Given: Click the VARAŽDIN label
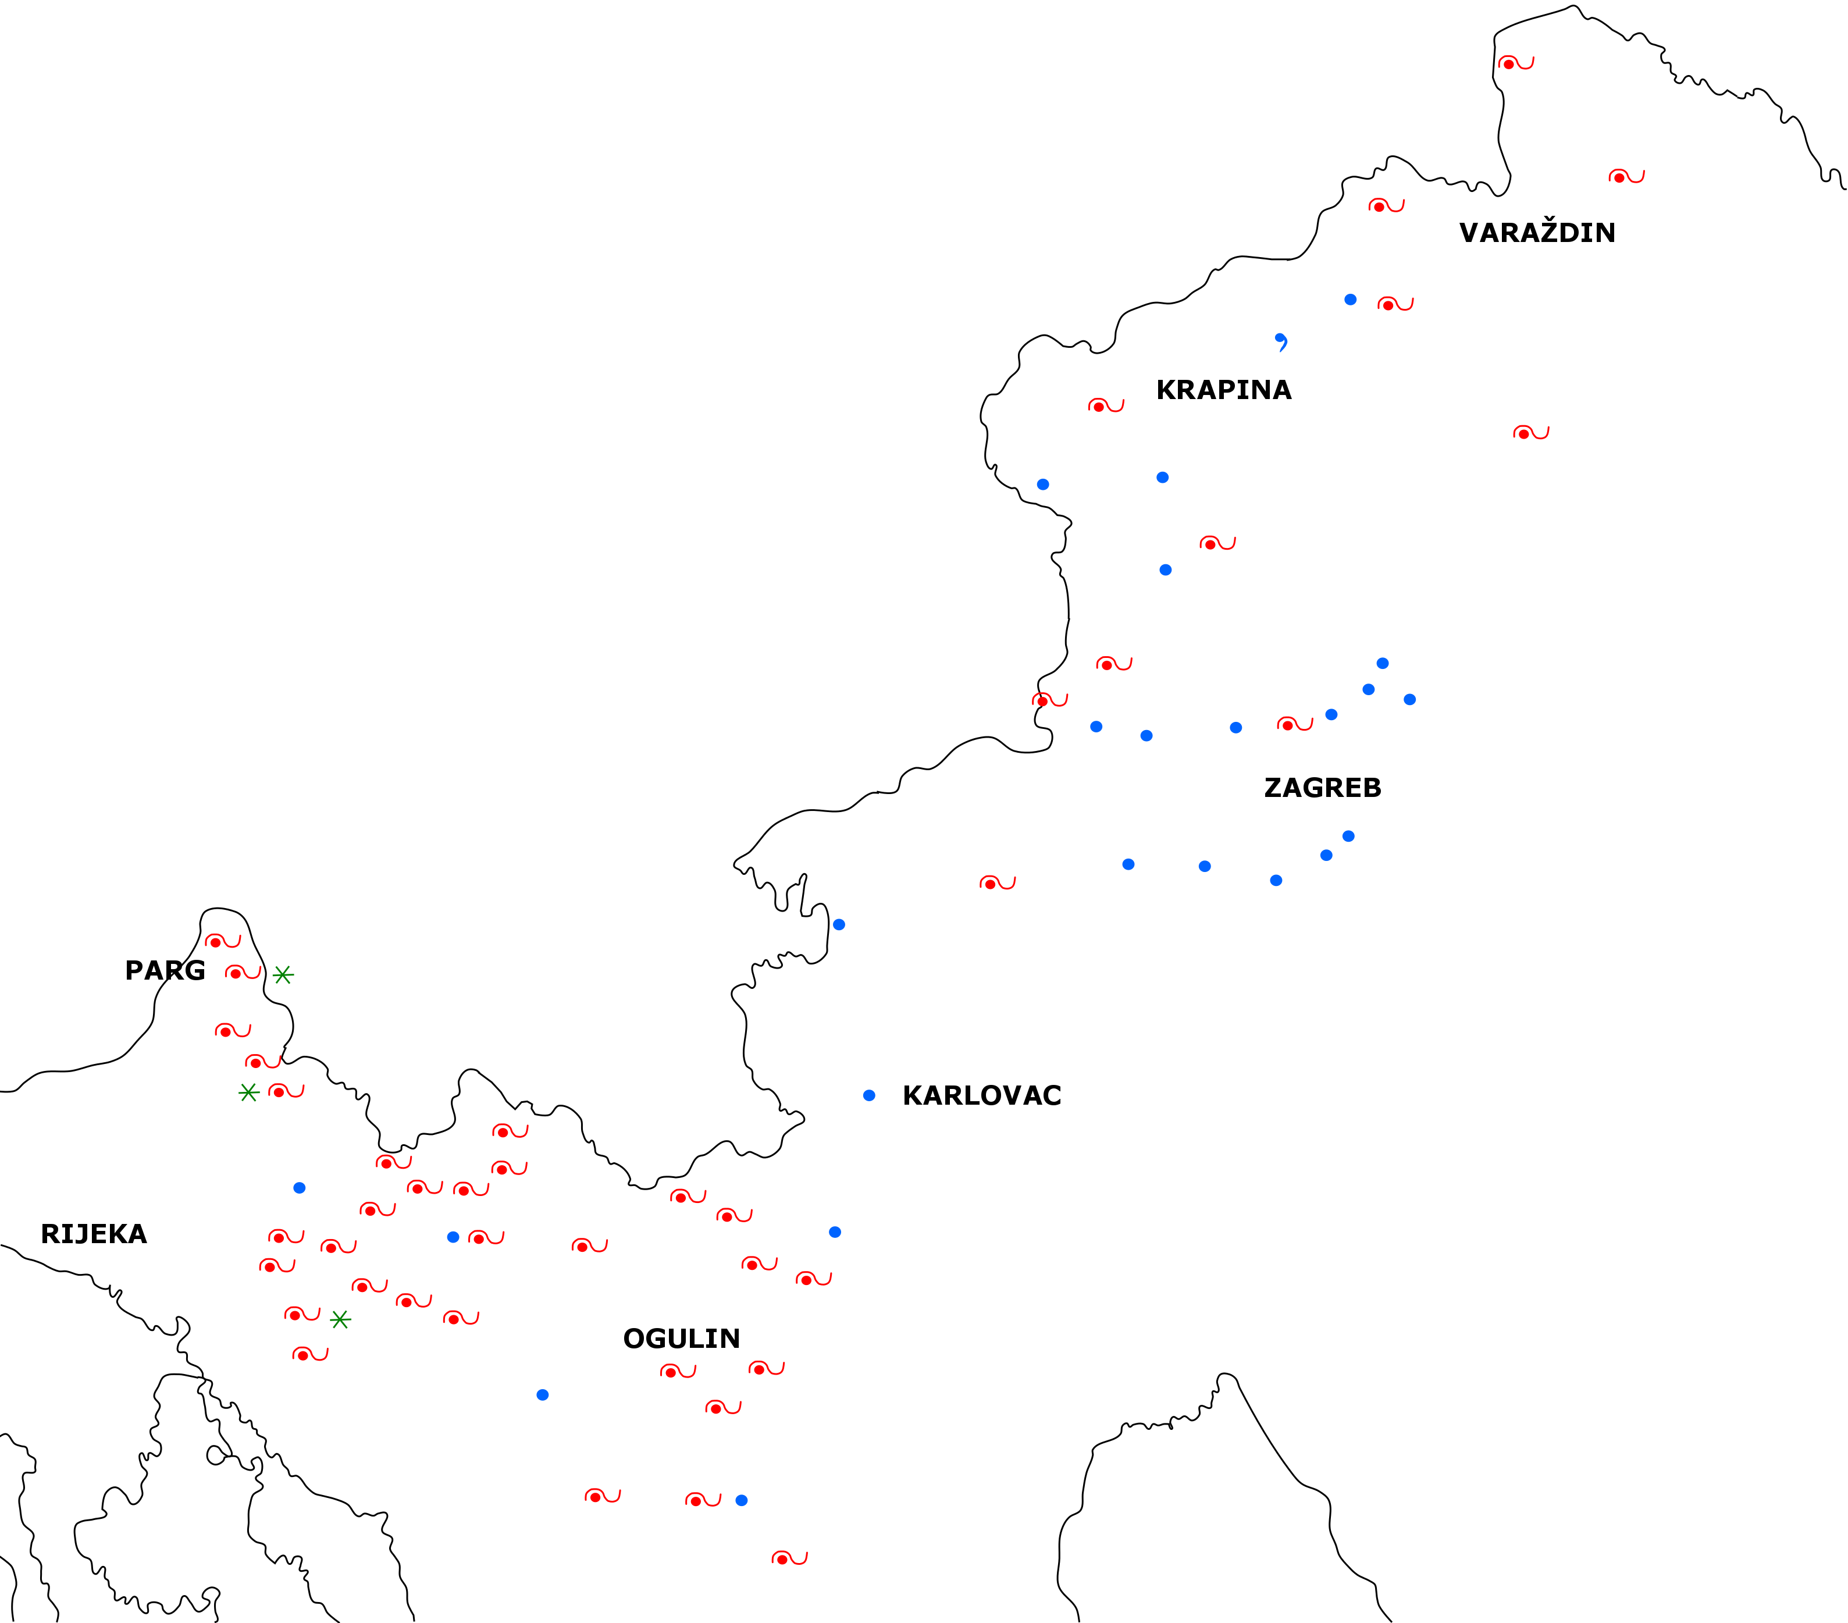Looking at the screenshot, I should (1537, 233).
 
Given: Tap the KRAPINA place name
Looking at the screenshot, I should (1223, 390).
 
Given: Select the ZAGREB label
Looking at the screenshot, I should (1322, 788).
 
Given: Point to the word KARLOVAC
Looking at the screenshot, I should (982, 1096).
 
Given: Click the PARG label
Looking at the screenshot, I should (165, 971).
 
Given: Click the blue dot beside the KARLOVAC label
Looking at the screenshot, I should (869, 1096).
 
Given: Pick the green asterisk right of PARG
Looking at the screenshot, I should (283, 975).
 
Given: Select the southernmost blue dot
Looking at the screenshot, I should (742, 1500).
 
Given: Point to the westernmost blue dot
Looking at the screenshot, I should (299, 1188).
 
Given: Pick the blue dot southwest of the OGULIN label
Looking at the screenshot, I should (543, 1395).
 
